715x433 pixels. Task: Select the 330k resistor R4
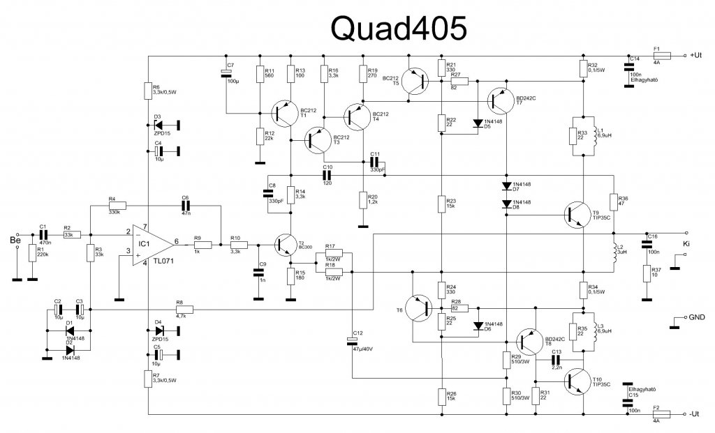point(115,206)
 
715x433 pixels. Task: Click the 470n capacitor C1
point(43,234)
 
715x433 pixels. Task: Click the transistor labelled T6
point(421,307)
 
